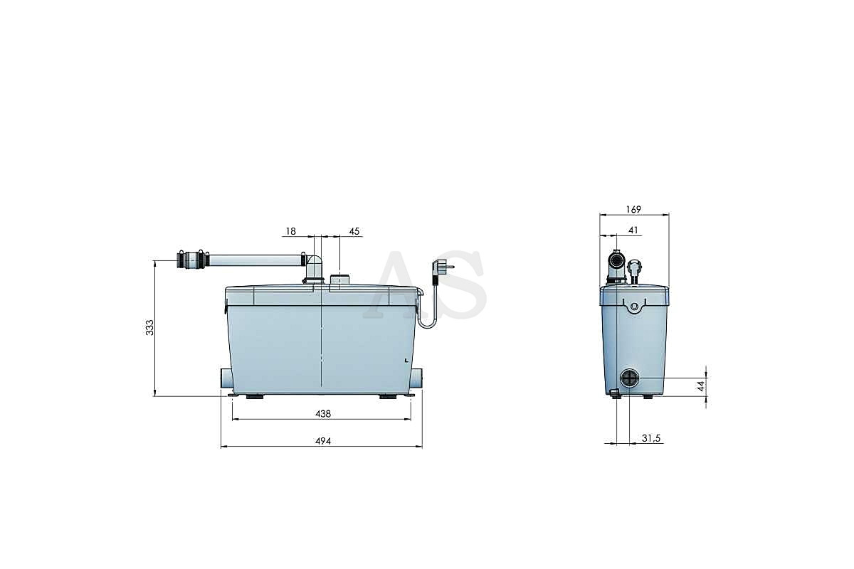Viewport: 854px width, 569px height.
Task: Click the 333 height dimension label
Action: [150, 327]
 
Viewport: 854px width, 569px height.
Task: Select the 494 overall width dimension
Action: [323, 441]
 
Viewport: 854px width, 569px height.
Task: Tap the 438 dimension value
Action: [323, 413]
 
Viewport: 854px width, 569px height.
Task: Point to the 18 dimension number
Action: [290, 231]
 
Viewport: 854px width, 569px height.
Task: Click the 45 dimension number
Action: [354, 231]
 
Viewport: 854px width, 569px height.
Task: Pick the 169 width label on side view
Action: [633, 209]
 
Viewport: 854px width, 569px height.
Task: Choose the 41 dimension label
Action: [633, 230]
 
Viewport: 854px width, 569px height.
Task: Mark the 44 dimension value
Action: [701, 386]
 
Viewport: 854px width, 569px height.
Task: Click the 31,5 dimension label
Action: [650, 438]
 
